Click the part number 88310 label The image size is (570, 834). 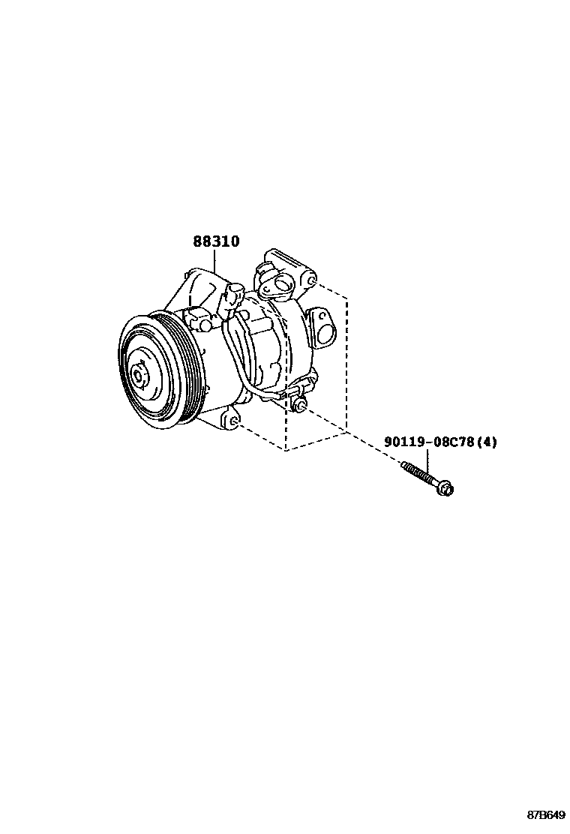pos(216,241)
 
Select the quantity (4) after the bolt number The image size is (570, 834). pos(487,442)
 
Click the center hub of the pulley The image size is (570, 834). pos(139,373)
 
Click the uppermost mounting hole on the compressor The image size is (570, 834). pos(310,282)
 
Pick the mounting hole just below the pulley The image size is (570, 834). pos(235,425)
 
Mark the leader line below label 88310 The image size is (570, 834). pos(215,260)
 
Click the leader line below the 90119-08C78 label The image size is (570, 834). pos(427,459)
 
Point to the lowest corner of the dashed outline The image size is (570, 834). pos(286,451)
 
